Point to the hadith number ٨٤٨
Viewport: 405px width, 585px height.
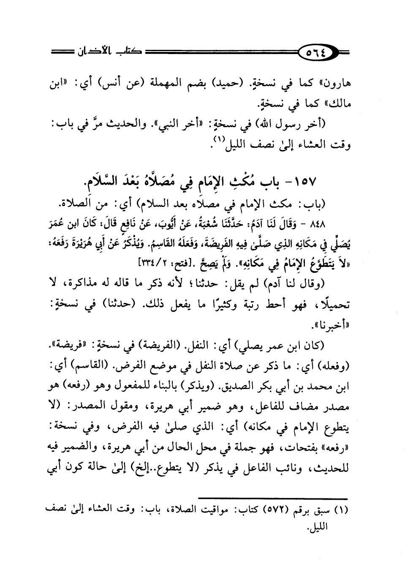(x=338, y=222)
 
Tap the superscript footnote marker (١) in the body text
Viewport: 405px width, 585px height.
(x=217, y=143)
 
